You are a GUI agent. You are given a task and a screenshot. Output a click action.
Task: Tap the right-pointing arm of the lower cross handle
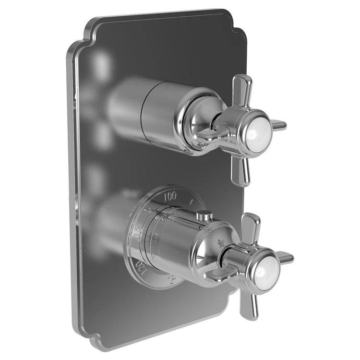pos(285,258)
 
